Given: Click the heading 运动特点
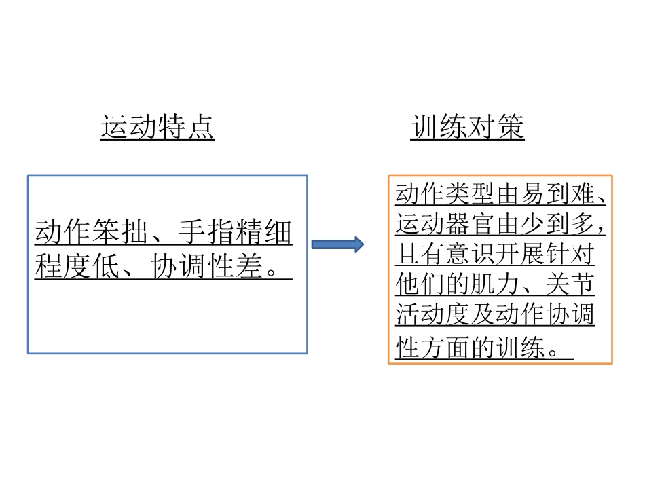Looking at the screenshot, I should click(158, 128).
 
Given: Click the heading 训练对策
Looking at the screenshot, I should click(467, 128).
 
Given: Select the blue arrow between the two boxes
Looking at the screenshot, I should click(337, 244).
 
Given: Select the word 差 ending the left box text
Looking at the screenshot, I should click(250, 267).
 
